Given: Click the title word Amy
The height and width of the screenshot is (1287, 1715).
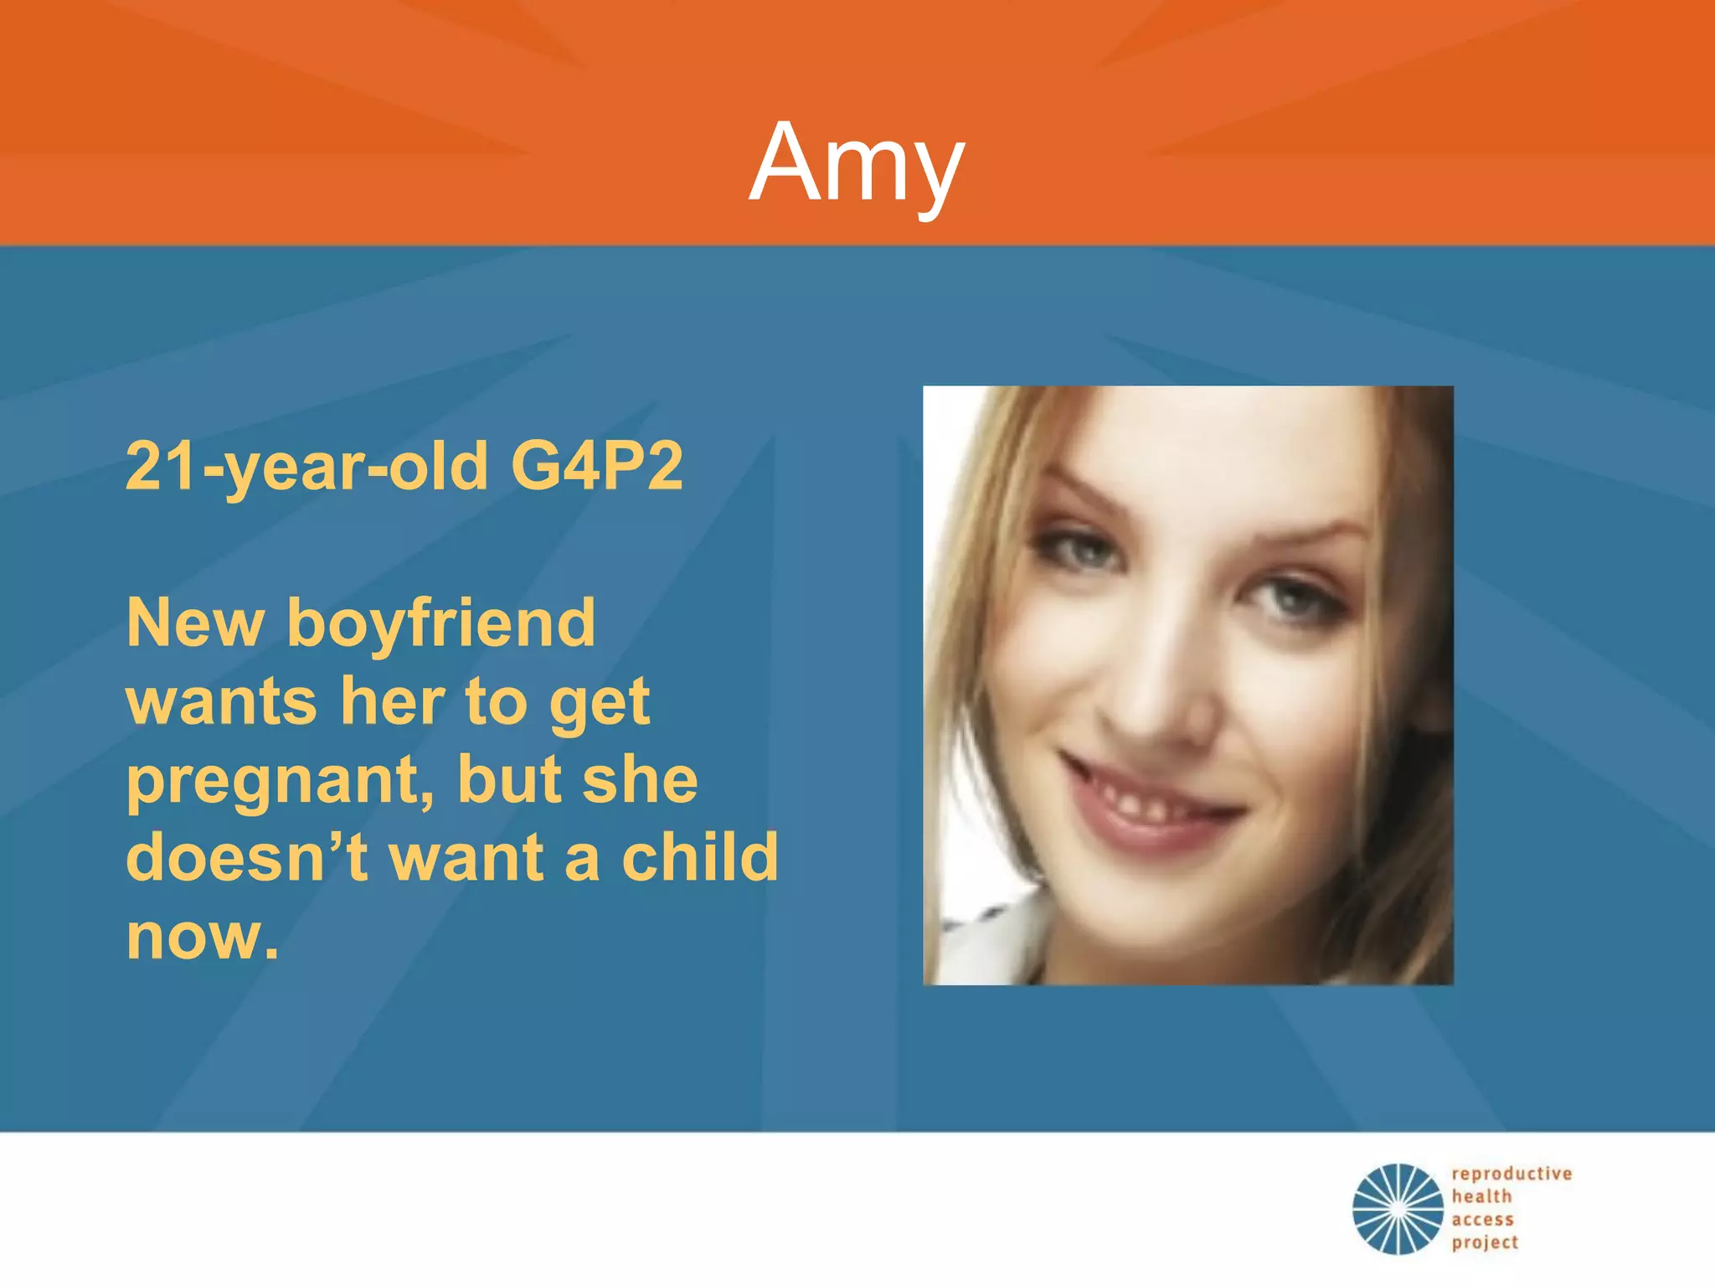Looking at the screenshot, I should [x=856, y=163].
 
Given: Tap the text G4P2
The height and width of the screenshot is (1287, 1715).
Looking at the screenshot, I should [x=596, y=466].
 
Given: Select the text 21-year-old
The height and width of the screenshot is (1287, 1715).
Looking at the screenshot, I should [x=306, y=468].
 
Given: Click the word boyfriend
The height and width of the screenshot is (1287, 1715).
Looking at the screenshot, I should [x=441, y=624].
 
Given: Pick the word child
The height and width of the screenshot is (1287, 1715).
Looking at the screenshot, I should [x=700, y=857].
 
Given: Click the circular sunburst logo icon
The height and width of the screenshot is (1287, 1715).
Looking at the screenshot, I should [x=1398, y=1208].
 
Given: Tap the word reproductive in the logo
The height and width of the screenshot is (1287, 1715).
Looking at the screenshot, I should [x=1512, y=1174].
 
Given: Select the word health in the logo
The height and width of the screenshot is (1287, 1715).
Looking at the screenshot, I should [x=1481, y=1197].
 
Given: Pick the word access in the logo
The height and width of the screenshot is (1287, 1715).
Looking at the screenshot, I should [x=1482, y=1220].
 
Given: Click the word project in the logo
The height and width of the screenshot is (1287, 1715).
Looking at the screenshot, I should [x=1485, y=1243].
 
